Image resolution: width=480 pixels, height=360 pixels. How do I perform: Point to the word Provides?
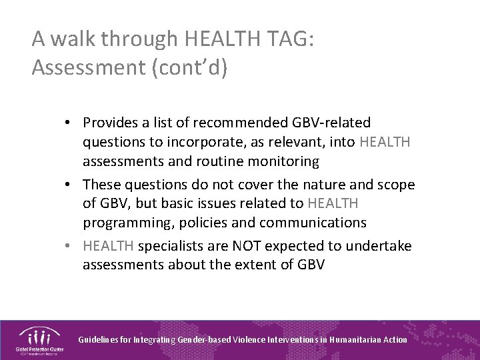112,123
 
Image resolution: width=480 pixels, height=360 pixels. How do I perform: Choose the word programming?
124,223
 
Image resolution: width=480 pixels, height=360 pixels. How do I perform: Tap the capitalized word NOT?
247,245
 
